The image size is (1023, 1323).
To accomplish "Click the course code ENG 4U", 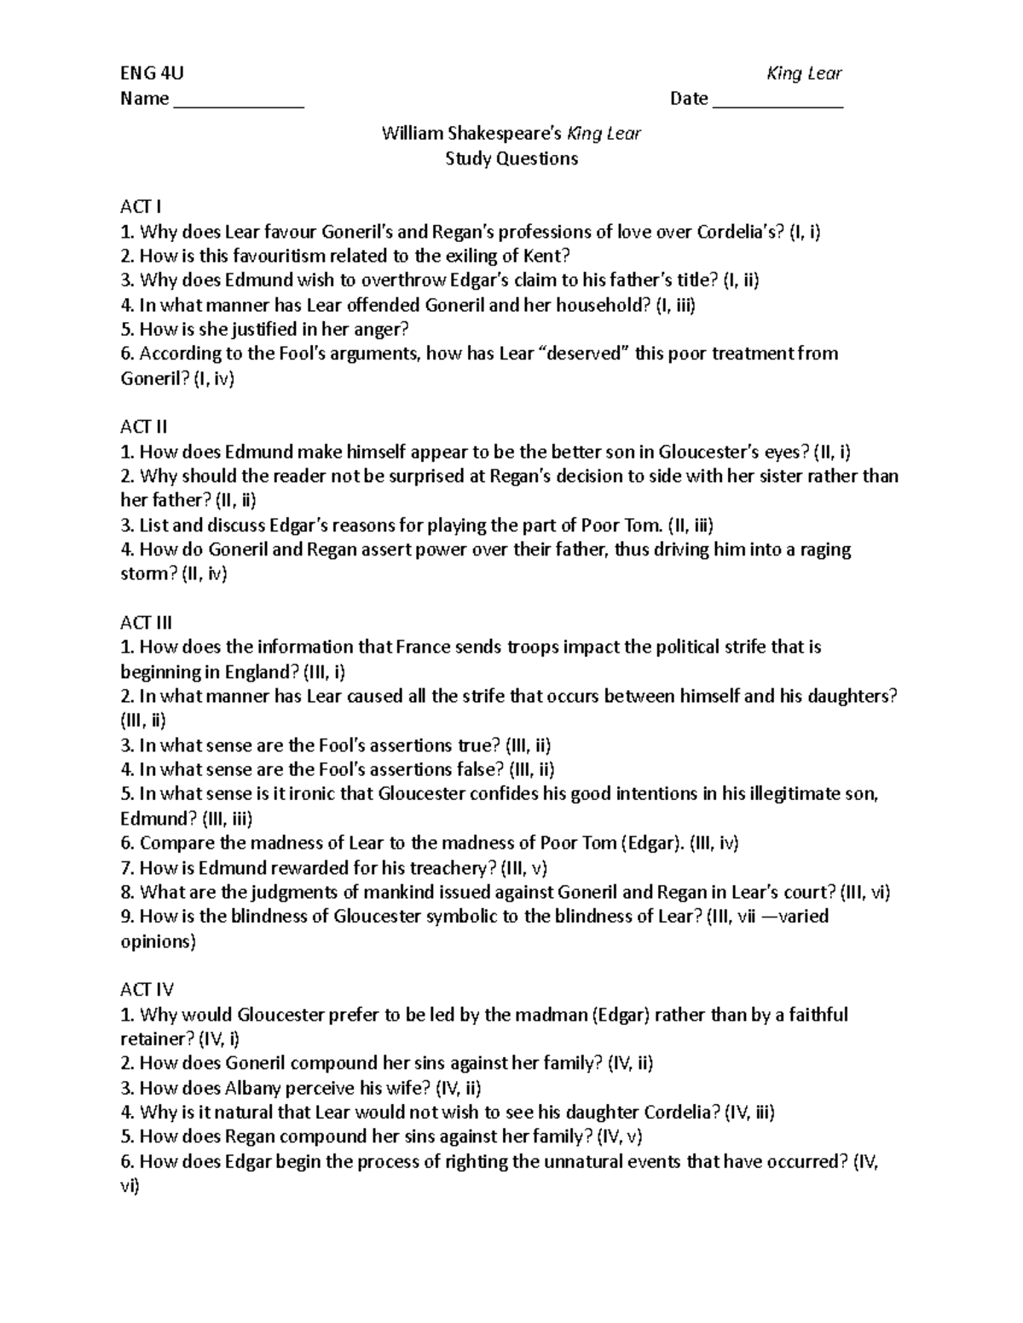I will (x=152, y=73).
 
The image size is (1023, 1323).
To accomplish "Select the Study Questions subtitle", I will (x=511, y=158).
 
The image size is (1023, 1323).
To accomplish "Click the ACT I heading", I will (x=141, y=207).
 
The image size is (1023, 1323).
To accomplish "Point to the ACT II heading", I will (x=144, y=427).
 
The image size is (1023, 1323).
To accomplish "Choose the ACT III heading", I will (x=147, y=623).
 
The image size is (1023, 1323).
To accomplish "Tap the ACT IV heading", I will (x=147, y=990).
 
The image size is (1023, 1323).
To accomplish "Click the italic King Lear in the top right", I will (x=804, y=73).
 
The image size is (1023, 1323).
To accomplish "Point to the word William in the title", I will (x=412, y=134).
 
